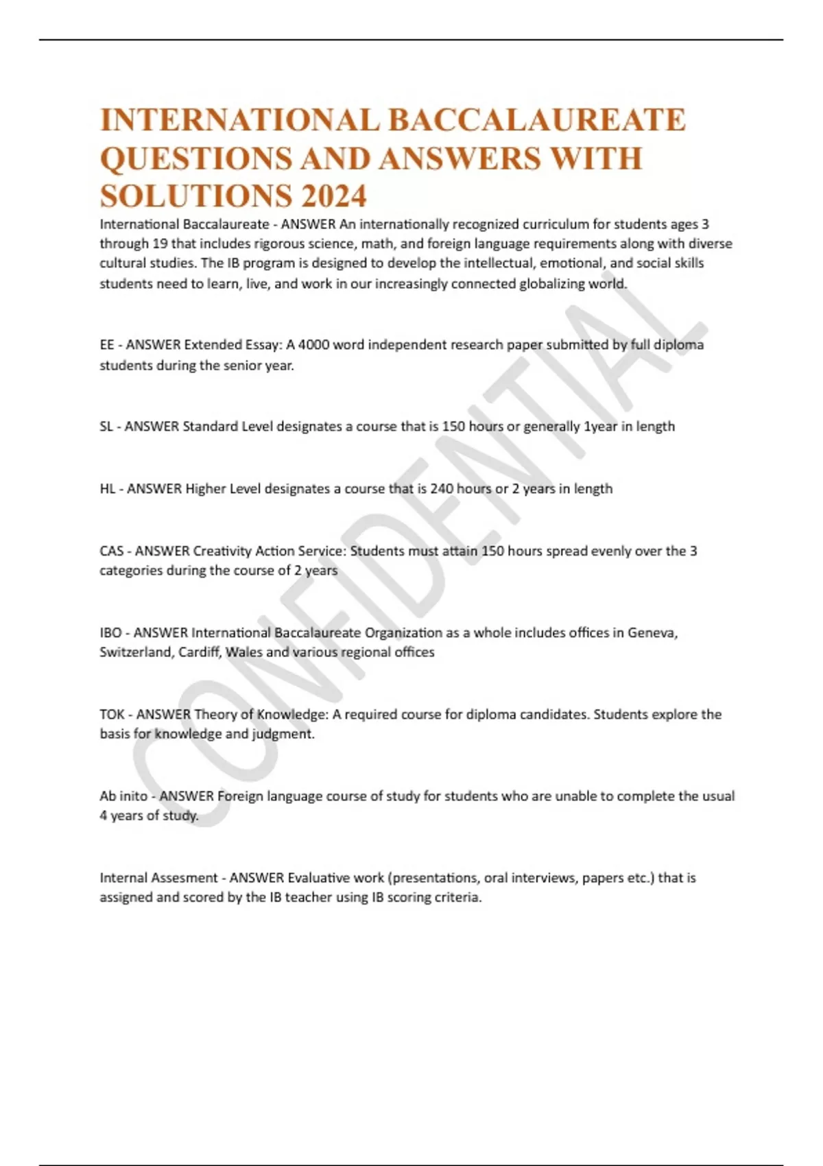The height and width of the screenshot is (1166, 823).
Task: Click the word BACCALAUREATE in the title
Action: tap(537, 120)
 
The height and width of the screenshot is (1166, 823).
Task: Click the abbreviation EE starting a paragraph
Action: tap(107, 344)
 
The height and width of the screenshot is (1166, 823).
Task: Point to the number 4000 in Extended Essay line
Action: tap(313, 344)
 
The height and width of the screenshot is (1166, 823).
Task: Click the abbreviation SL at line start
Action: tap(106, 427)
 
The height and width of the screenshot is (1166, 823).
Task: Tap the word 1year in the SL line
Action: tap(600, 427)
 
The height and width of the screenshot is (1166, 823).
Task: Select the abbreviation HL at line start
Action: tap(108, 489)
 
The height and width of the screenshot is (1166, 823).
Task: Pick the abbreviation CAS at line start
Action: tap(112, 551)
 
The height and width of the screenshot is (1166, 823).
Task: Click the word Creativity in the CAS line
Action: tap(222, 551)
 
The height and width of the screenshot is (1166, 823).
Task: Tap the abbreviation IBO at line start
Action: tap(111, 632)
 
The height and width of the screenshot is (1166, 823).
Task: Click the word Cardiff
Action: tap(200, 652)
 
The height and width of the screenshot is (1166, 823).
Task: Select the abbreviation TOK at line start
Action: tap(112, 714)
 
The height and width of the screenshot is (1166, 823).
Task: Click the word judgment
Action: tap(283, 734)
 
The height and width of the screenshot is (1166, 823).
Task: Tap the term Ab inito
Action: tap(123, 796)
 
